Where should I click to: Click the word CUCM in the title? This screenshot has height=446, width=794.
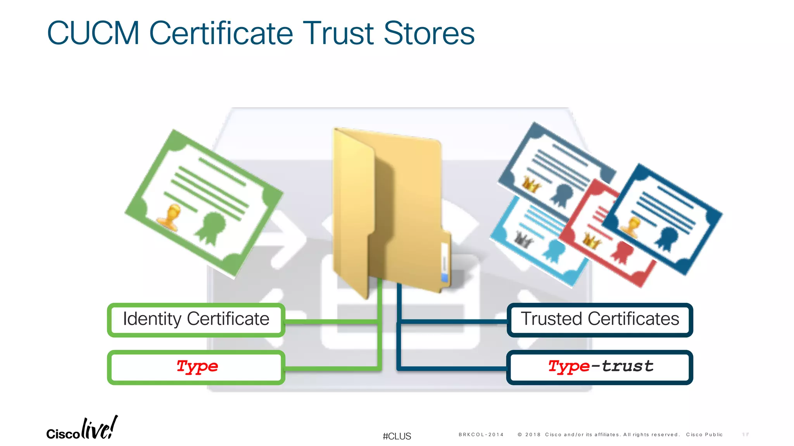(93, 33)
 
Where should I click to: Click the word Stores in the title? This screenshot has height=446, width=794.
(429, 33)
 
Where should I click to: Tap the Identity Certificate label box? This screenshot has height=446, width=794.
(196, 320)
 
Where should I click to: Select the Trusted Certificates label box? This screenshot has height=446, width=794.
(599, 320)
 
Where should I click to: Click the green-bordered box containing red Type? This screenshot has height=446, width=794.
(196, 367)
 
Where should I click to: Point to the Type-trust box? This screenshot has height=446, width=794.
(599, 367)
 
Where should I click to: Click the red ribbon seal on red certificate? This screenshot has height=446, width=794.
(622, 252)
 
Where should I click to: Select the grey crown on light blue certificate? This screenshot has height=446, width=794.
(523, 240)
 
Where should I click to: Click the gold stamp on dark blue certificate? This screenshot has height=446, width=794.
(631, 226)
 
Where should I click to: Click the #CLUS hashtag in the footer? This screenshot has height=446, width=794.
(397, 436)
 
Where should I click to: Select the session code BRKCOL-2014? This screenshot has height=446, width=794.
(481, 435)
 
